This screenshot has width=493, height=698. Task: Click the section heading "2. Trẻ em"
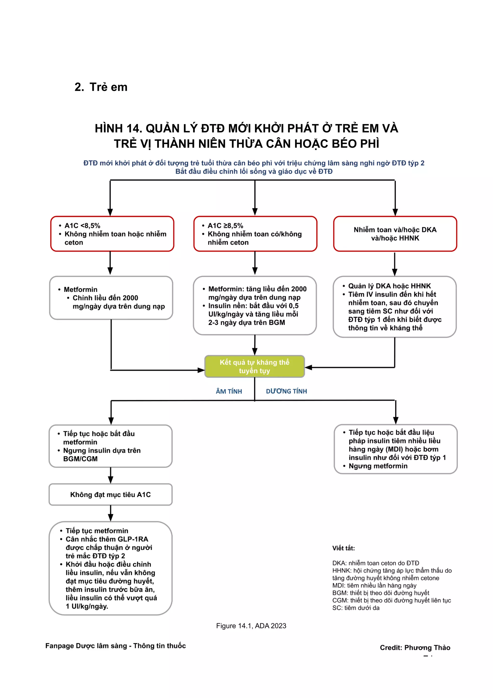pyautogui.click(x=101, y=87)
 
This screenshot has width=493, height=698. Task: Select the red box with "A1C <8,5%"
pyautogui.click(x=112, y=234)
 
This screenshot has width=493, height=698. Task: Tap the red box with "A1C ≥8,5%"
pyautogui.click(x=255, y=234)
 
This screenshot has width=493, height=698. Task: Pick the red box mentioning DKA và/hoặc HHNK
pyautogui.click(x=395, y=234)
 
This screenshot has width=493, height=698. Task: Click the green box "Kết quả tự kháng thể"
pyautogui.click(x=254, y=366)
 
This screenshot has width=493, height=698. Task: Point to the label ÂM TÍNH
pyautogui.click(x=229, y=391)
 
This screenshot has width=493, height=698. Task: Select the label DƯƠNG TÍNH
pyautogui.click(x=286, y=391)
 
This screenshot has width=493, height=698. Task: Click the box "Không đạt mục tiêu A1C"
pyautogui.click(x=110, y=495)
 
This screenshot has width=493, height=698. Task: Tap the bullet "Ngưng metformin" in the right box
pyautogui.click(x=378, y=466)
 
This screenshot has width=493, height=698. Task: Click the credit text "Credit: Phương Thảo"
pyautogui.click(x=415, y=647)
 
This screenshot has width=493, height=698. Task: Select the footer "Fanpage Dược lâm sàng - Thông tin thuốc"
pyautogui.click(x=116, y=646)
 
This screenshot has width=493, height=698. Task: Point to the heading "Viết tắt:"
pyautogui.click(x=343, y=548)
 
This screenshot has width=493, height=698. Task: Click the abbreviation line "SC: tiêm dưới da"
pyautogui.click(x=356, y=608)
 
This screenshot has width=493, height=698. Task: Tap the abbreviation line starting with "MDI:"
pyautogui.click(x=374, y=585)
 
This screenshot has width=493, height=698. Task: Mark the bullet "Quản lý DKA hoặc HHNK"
pyautogui.click(x=389, y=286)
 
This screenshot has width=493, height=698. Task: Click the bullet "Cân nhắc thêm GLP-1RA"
pyautogui.click(x=107, y=539)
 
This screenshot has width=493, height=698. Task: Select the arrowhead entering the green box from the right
pyautogui.click(x=308, y=368)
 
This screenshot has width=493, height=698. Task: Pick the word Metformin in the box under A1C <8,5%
pyautogui.click(x=80, y=290)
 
